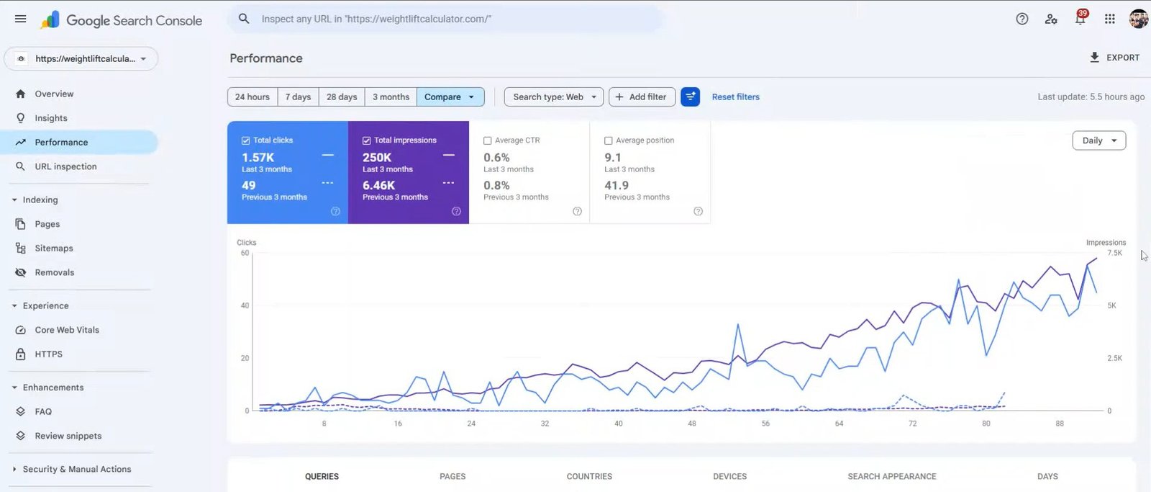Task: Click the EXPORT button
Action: (1114, 58)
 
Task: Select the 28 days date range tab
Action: (342, 97)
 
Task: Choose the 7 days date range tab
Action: (298, 97)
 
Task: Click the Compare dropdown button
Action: (450, 97)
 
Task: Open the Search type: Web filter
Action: (554, 97)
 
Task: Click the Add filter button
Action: (641, 97)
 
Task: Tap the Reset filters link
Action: (735, 97)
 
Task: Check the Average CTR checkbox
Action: (488, 140)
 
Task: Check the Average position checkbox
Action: (609, 140)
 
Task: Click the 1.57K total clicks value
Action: (258, 158)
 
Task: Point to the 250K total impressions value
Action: (377, 158)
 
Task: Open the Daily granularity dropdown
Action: (1098, 140)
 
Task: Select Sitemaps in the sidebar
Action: (54, 248)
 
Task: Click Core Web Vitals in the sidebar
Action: (67, 330)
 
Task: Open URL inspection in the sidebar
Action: (65, 166)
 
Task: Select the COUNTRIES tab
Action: (589, 476)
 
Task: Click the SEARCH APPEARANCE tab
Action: (891, 476)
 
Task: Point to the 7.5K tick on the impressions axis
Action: (1114, 253)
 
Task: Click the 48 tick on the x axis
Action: (692, 424)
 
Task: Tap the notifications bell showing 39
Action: (1080, 19)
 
